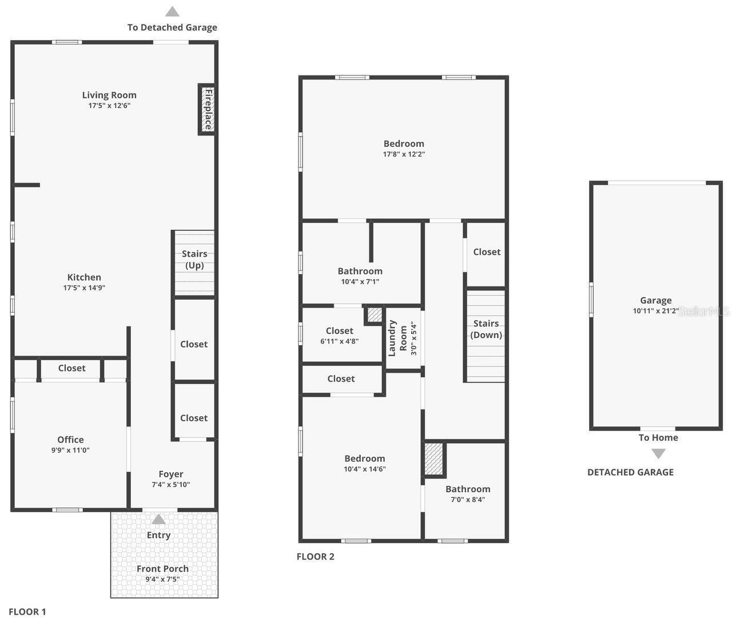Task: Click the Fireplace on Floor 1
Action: tap(208, 109)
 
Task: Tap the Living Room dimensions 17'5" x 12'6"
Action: tap(109, 106)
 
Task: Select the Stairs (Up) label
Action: tap(194, 260)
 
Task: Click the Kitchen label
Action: tap(84, 277)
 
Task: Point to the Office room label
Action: tap(70, 440)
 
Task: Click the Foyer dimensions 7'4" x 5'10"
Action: tap(170, 485)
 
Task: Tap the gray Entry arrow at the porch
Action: tap(158, 519)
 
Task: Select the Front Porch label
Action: tap(162, 569)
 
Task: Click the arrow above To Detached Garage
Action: tap(172, 11)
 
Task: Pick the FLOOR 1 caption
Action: tap(27, 612)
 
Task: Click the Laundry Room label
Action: tap(398, 338)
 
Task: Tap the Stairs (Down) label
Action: tap(486, 329)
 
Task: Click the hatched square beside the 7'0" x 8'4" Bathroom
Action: tap(434, 459)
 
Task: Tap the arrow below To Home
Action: tap(659, 454)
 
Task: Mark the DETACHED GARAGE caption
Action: tap(630, 472)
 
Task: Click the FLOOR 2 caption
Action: tap(315, 557)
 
